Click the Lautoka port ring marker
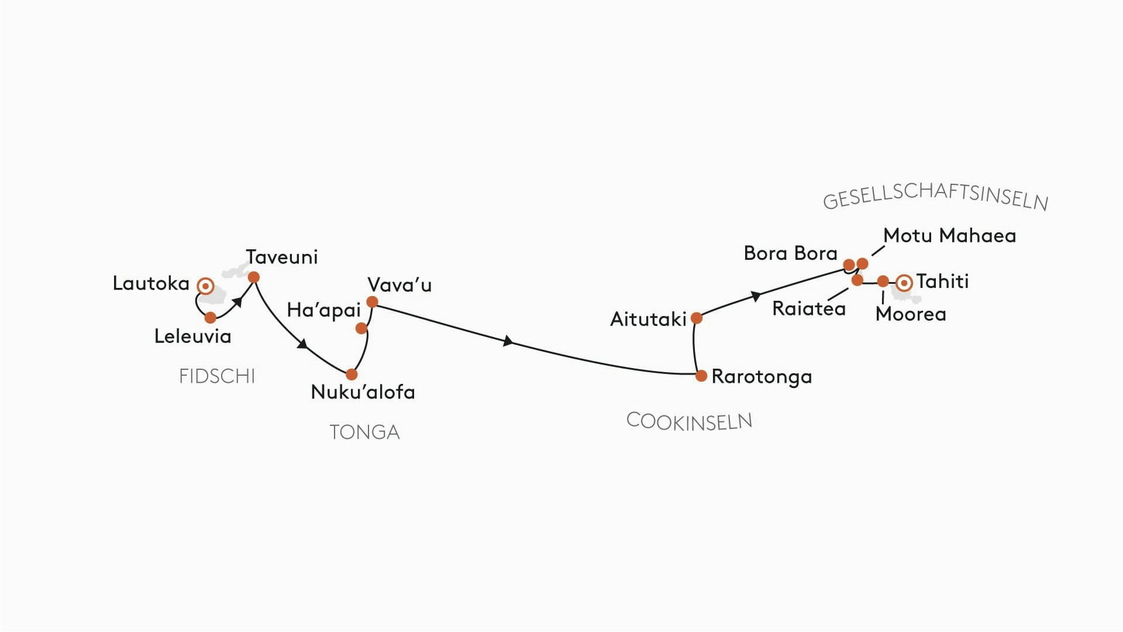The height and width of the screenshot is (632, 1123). [x=205, y=286]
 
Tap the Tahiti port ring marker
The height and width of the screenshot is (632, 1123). [x=904, y=283]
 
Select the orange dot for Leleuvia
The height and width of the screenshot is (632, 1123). [x=211, y=318]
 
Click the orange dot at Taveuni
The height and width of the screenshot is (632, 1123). [x=254, y=277]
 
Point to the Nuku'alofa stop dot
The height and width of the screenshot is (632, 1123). [x=352, y=375]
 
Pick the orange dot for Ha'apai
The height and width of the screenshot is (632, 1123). [x=361, y=328]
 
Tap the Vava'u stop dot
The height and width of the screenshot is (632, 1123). [x=372, y=302]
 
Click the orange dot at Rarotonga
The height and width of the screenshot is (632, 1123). [x=701, y=376]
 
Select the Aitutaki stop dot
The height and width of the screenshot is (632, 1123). [x=697, y=318]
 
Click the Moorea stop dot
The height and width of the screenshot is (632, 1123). [x=883, y=281]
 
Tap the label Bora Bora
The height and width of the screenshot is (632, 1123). [x=790, y=253]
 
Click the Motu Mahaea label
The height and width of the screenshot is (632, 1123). [x=949, y=236]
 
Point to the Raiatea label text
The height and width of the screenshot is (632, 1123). [x=809, y=308]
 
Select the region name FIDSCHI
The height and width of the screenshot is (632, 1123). [x=217, y=376]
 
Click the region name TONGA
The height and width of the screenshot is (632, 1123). [x=364, y=432]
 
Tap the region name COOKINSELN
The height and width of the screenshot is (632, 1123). [x=689, y=421]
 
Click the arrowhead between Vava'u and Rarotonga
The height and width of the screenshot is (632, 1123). [x=508, y=341]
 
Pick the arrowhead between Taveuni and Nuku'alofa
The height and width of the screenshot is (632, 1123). [x=302, y=344]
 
